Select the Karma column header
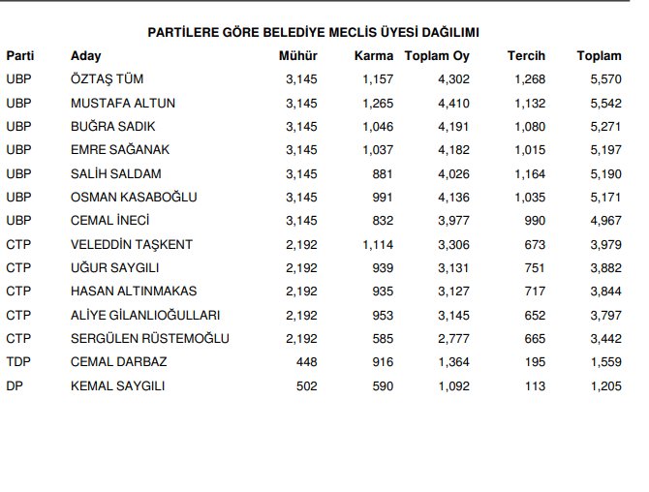pos(374,56)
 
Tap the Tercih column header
pos(526,56)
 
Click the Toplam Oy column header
pos(437,56)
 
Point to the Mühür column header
pos(297,56)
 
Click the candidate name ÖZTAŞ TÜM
pos(108,79)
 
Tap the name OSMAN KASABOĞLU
pos(134,198)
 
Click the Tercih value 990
pos(534,221)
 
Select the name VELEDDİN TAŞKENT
pos(132,244)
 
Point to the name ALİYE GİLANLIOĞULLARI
pos(145,315)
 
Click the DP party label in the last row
pos(15,385)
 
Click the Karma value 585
pos(382,339)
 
